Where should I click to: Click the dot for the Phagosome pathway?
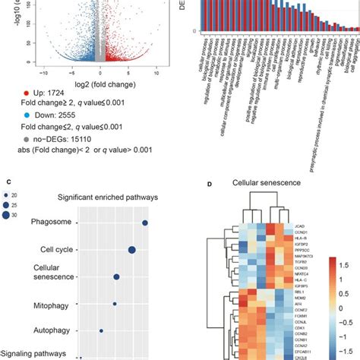coord(145,223)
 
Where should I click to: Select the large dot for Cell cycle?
coord(132,250)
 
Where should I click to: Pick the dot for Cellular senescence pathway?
coord(117,278)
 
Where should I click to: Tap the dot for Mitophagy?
coord(115,305)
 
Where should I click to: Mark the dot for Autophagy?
coord(101,330)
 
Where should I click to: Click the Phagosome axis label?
coord(52,223)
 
